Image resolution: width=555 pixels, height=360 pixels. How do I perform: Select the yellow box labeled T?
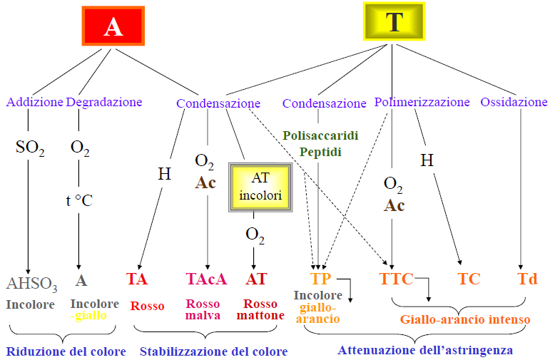pyautogui.click(x=394, y=21)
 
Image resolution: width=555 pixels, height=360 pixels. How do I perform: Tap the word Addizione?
pyautogui.click(x=35, y=102)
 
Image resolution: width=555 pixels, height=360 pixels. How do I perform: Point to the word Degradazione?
pyautogui.click(x=104, y=102)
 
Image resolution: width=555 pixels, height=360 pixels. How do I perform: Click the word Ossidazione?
pyautogui.click(x=514, y=102)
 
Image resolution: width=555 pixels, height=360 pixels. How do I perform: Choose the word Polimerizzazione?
pyautogui.click(x=422, y=102)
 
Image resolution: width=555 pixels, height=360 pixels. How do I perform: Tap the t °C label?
pyautogui.click(x=79, y=200)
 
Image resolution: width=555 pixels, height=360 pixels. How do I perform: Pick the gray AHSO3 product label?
pyautogui.click(x=31, y=283)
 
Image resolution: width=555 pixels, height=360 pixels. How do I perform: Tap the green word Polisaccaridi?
pyautogui.click(x=320, y=135)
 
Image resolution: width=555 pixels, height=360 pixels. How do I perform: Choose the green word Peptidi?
pyautogui.click(x=320, y=151)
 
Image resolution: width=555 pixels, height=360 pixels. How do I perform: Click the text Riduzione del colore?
pyautogui.click(x=66, y=351)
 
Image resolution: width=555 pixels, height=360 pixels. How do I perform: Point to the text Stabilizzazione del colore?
pyautogui.click(x=213, y=351)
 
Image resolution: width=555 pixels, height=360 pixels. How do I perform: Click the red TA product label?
pyautogui.click(x=137, y=279)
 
